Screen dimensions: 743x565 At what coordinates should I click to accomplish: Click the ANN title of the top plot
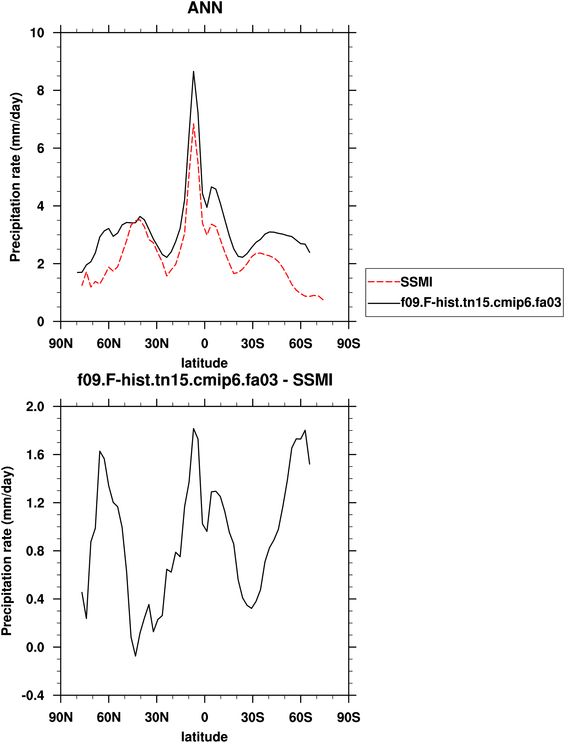pyautogui.click(x=205, y=8)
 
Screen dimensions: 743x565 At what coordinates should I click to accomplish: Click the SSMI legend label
pyautogui.click(x=416, y=282)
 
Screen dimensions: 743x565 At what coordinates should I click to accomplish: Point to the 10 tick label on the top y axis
pyautogui.click(x=37, y=33)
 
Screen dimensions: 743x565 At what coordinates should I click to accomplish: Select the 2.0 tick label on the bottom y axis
pyautogui.click(x=35, y=407)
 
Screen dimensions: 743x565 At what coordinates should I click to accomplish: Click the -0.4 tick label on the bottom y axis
pyautogui.click(x=33, y=695)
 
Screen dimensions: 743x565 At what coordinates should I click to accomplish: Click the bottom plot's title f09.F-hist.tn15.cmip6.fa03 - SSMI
pyautogui.click(x=205, y=380)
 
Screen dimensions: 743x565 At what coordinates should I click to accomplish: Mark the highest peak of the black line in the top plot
pyautogui.click(x=193, y=72)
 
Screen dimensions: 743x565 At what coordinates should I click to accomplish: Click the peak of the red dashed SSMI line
pyautogui.click(x=193, y=124)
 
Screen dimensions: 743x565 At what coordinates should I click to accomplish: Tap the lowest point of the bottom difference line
pyautogui.click(x=136, y=656)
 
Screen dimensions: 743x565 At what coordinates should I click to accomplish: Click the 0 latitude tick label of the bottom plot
pyautogui.click(x=204, y=717)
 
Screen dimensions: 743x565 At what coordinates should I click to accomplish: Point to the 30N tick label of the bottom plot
pyautogui.click(x=157, y=717)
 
